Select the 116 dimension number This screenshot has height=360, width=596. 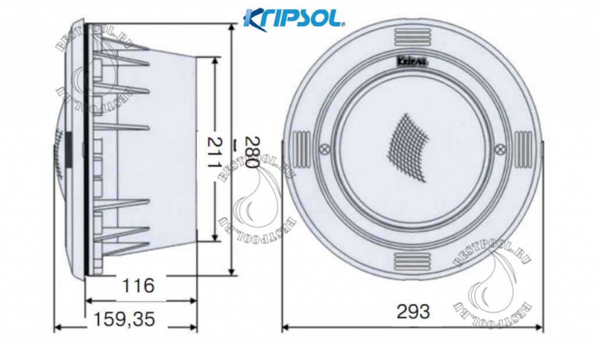pos(140,286)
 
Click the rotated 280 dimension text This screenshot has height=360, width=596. pos(251,152)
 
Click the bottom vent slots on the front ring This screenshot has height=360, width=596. pos(412,259)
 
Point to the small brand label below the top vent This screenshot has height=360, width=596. pos(411,59)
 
